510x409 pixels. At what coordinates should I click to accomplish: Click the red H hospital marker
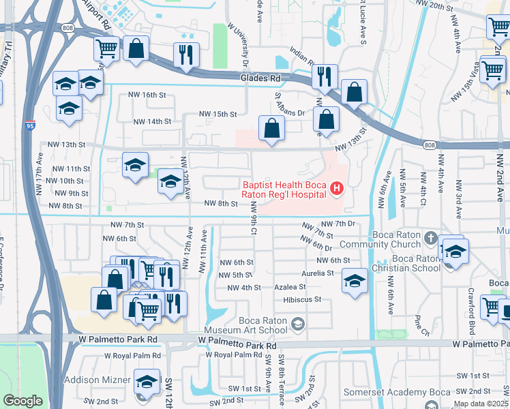click(336, 187)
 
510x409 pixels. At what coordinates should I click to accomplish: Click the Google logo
click(22, 401)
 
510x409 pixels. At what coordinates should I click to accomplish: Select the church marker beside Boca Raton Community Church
click(430, 239)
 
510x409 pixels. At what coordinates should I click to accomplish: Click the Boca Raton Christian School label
click(406, 263)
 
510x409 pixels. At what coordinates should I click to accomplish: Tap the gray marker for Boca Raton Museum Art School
click(297, 323)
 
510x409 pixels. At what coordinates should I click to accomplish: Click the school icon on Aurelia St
click(354, 280)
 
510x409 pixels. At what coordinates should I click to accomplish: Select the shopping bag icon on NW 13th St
click(271, 127)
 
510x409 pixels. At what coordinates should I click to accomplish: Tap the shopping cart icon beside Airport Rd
click(107, 48)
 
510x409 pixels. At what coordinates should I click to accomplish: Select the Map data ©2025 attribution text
click(481, 404)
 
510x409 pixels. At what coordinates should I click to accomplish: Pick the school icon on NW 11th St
click(136, 164)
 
